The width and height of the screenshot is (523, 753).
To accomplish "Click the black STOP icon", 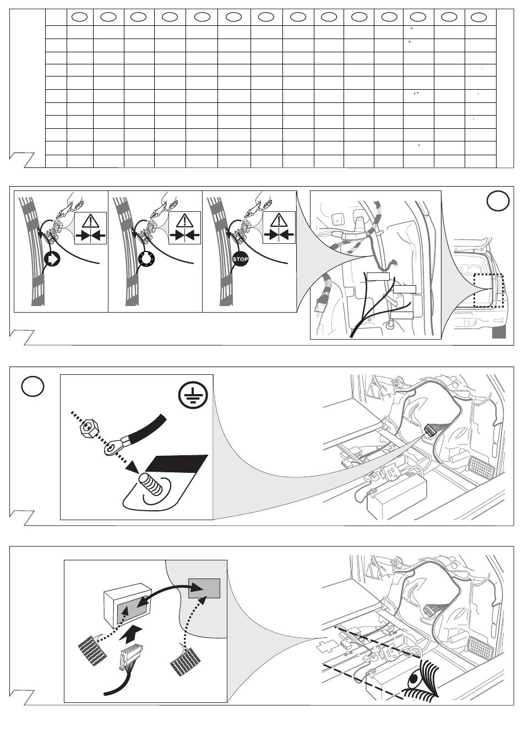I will pyautogui.click(x=241, y=259).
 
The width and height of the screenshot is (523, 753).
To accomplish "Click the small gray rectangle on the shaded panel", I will pyautogui.click(x=204, y=588).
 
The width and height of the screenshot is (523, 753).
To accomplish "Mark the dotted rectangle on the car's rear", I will pyautogui.click(x=488, y=291).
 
